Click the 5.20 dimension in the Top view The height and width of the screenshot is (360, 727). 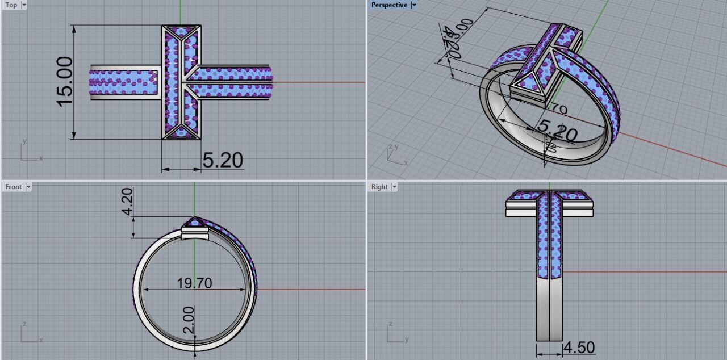click(223, 161)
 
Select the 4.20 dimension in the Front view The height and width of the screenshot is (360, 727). click(127, 202)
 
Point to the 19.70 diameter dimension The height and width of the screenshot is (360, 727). click(194, 283)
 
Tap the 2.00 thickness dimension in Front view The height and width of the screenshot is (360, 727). click(189, 320)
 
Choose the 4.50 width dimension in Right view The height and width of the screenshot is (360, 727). click(578, 347)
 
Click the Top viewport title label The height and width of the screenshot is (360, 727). click(11, 5)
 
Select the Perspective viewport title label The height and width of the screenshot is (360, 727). click(389, 5)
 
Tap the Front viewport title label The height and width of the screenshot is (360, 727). click(14, 187)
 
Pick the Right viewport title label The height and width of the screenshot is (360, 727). click(379, 187)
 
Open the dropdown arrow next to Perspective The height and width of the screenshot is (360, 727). click(414, 5)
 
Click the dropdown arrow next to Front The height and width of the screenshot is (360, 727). click(28, 187)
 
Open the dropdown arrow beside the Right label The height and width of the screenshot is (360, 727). click(394, 187)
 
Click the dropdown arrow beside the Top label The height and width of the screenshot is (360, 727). click(24, 5)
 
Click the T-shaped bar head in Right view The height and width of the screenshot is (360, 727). click(549, 203)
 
